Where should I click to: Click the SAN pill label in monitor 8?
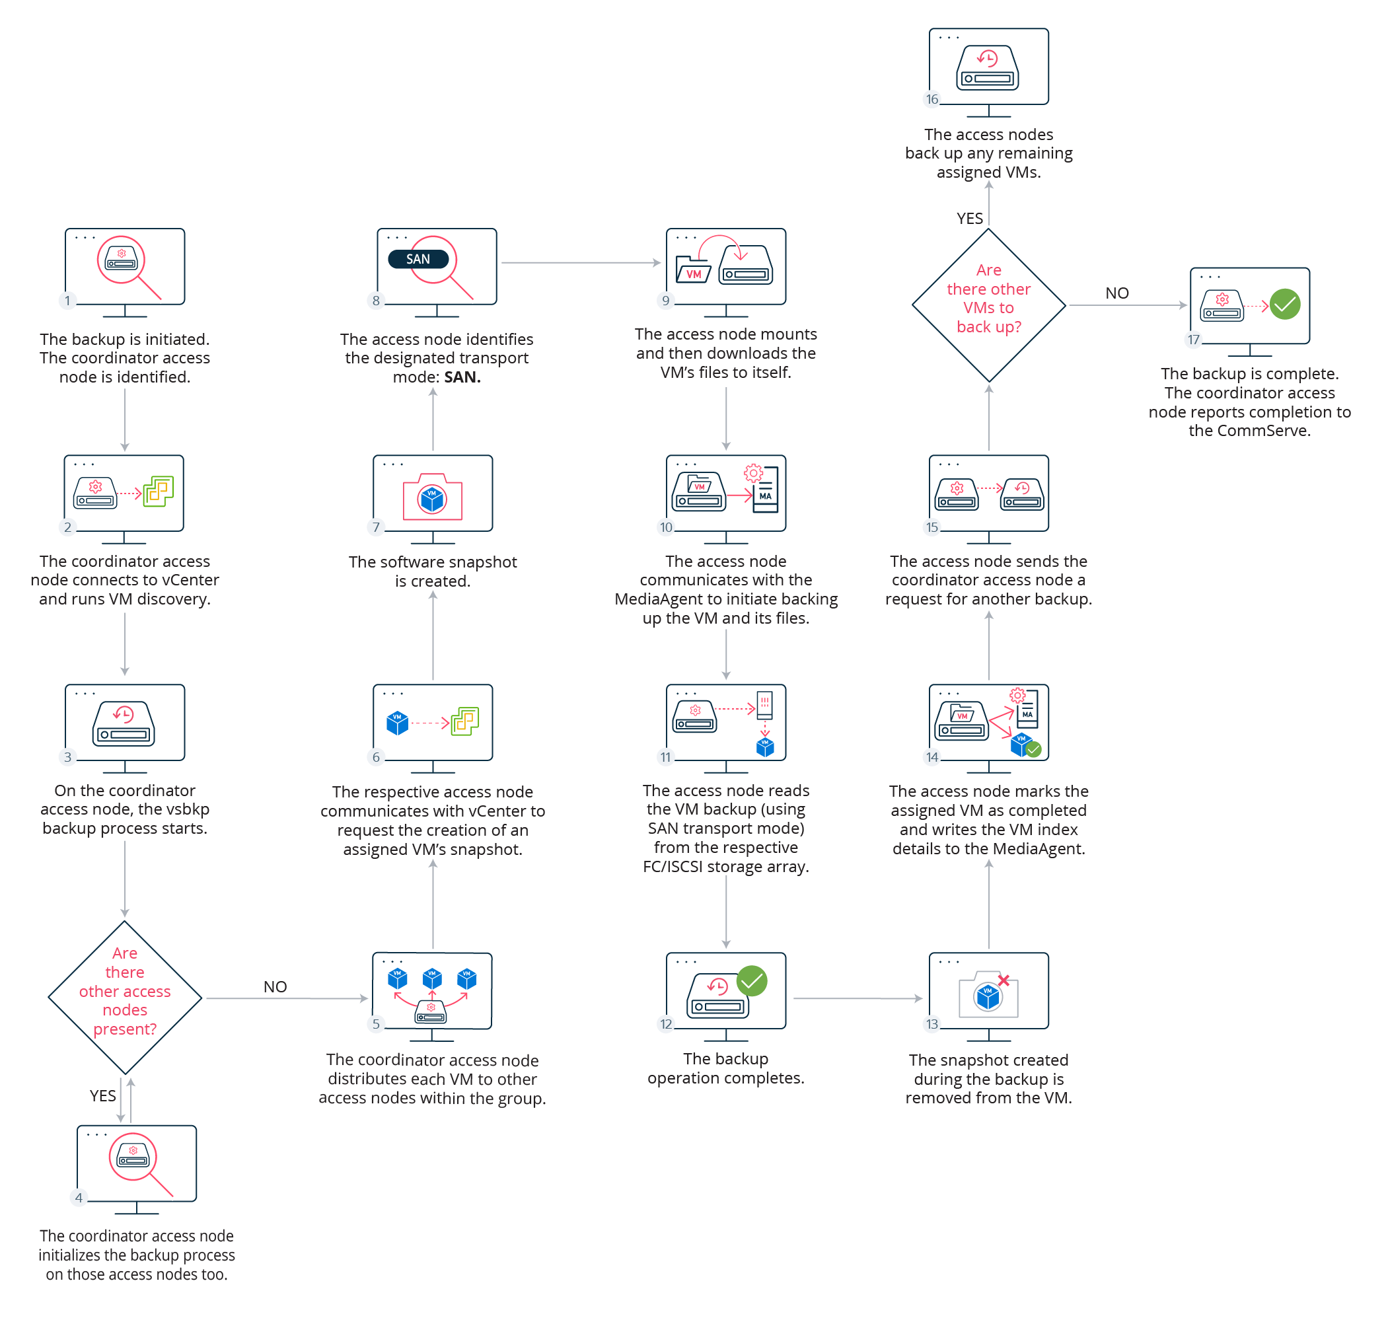point(418,260)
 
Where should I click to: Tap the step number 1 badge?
point(67,301)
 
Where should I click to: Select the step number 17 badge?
point(1194,340)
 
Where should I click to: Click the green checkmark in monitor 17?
point(1285,305)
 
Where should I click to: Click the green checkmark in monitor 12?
point(752,981)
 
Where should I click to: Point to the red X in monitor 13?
point(1004,981)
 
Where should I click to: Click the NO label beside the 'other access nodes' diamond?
point(275,986)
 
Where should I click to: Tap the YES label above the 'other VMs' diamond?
point(970,219)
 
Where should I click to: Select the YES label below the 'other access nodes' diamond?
point(103,1096)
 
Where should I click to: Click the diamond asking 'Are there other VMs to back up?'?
point(988,305)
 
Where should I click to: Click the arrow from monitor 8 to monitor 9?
point(581,263)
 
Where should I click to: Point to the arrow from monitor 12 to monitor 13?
point(857,998)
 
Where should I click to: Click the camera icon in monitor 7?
point(433,497)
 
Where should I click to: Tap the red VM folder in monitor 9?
point(693,270)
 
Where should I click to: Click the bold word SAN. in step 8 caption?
point(462,377)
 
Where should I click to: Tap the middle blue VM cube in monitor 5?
point(432,978)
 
